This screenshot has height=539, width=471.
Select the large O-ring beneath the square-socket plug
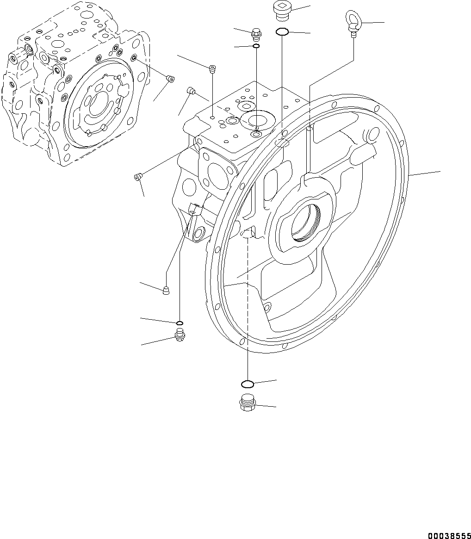tap(282, 32)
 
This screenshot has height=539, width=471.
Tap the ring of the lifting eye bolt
tap(352, 19)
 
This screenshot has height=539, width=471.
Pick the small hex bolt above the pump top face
tap(255, 34)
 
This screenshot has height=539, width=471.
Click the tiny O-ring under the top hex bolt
tap(256, 46)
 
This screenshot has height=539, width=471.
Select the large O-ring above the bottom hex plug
tap(247, 384)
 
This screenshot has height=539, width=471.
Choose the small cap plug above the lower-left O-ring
tap(166, 291)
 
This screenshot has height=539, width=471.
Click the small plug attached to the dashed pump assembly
tap(170, 79)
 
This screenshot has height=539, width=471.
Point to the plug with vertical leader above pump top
tap(212, 69)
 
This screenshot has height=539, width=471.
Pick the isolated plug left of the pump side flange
tap(137, 177)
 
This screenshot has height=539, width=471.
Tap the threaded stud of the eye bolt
tap(353, 33)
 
